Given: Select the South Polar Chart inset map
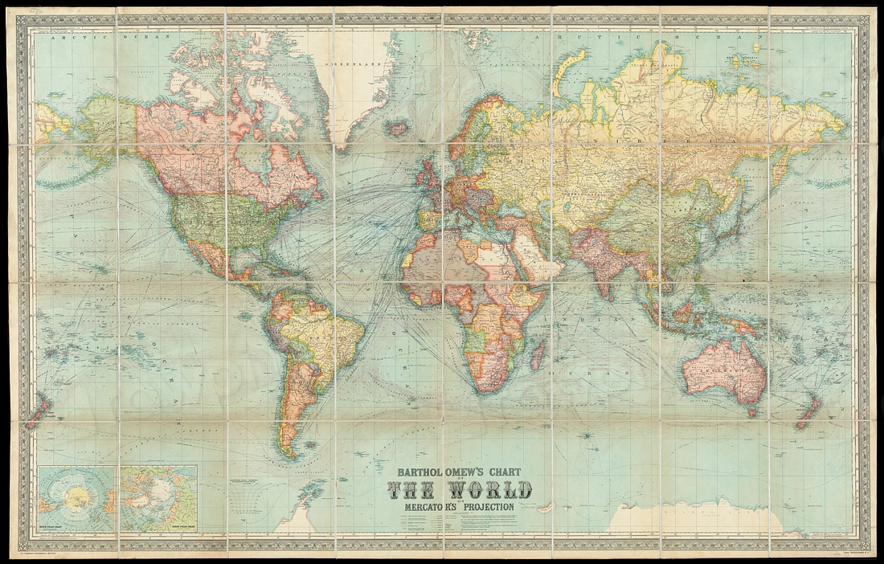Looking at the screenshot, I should point(77,499).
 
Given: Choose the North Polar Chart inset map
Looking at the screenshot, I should point(159,499).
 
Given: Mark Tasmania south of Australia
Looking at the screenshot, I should point(751,412).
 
